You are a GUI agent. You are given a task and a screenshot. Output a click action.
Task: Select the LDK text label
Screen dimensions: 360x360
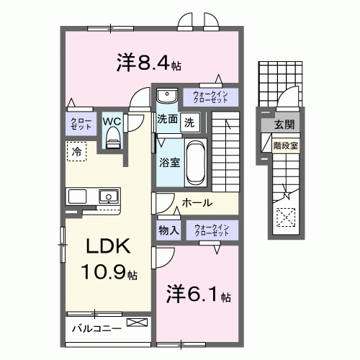click(x=108, y=246)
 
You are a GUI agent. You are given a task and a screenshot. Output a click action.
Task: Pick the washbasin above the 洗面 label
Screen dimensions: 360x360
click(x=166, y=96)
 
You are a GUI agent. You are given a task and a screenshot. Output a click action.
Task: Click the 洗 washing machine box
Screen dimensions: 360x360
click(x=188, y=122)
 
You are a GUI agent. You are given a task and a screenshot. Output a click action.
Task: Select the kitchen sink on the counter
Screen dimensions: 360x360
click(x=109, y=195)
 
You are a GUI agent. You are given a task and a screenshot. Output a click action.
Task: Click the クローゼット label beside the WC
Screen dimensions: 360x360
click(x=78, y=122)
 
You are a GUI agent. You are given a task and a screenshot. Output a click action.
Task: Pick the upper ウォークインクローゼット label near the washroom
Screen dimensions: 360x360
click(x=210, y=96)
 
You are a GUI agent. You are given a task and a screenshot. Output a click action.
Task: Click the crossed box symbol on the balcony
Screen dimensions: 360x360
click(x=135, y=323)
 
